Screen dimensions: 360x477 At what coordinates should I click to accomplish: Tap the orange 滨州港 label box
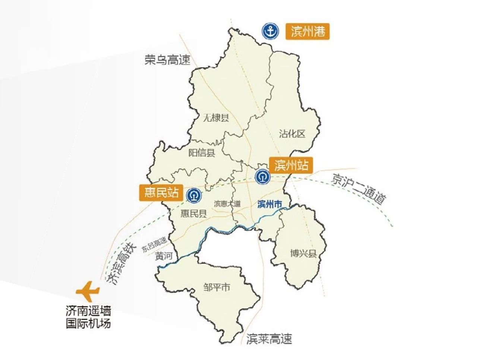pos(308,32)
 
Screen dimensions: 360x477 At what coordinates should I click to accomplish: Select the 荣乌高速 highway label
pos(167,60)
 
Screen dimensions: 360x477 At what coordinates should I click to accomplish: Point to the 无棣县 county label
pos(216,118)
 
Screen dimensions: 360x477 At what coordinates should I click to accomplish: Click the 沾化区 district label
pos(292,133)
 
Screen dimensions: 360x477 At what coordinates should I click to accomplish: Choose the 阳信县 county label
pos(202,152)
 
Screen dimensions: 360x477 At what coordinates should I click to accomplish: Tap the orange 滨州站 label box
pos(291,165)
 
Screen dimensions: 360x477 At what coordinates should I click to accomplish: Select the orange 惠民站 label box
pos(161,192)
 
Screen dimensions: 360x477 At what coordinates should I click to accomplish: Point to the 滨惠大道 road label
pos(227,204)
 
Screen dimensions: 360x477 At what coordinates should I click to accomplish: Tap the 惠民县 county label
pos(193,213)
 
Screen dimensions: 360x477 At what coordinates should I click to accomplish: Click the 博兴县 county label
pos(303,254)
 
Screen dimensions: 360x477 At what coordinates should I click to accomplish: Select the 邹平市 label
pos(217,287)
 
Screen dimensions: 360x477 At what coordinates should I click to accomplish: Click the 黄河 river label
pos(164,256)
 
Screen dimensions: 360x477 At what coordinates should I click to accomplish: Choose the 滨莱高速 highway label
pos(269,339)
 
